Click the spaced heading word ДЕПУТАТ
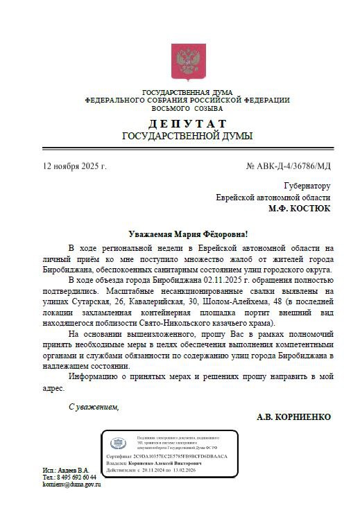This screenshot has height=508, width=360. (187, 123)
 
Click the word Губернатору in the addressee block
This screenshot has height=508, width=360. (307, 186)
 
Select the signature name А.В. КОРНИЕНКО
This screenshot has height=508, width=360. (293, 417)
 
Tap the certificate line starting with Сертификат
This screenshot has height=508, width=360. (166, 459)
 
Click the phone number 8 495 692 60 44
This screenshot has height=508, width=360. (69, 478)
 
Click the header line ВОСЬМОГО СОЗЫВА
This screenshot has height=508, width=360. (187, 108)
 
